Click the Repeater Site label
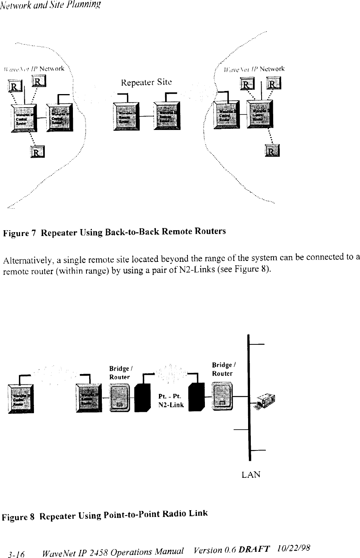point(146,82)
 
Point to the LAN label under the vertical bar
point(251,475)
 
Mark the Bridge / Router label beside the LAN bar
point(222,369)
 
